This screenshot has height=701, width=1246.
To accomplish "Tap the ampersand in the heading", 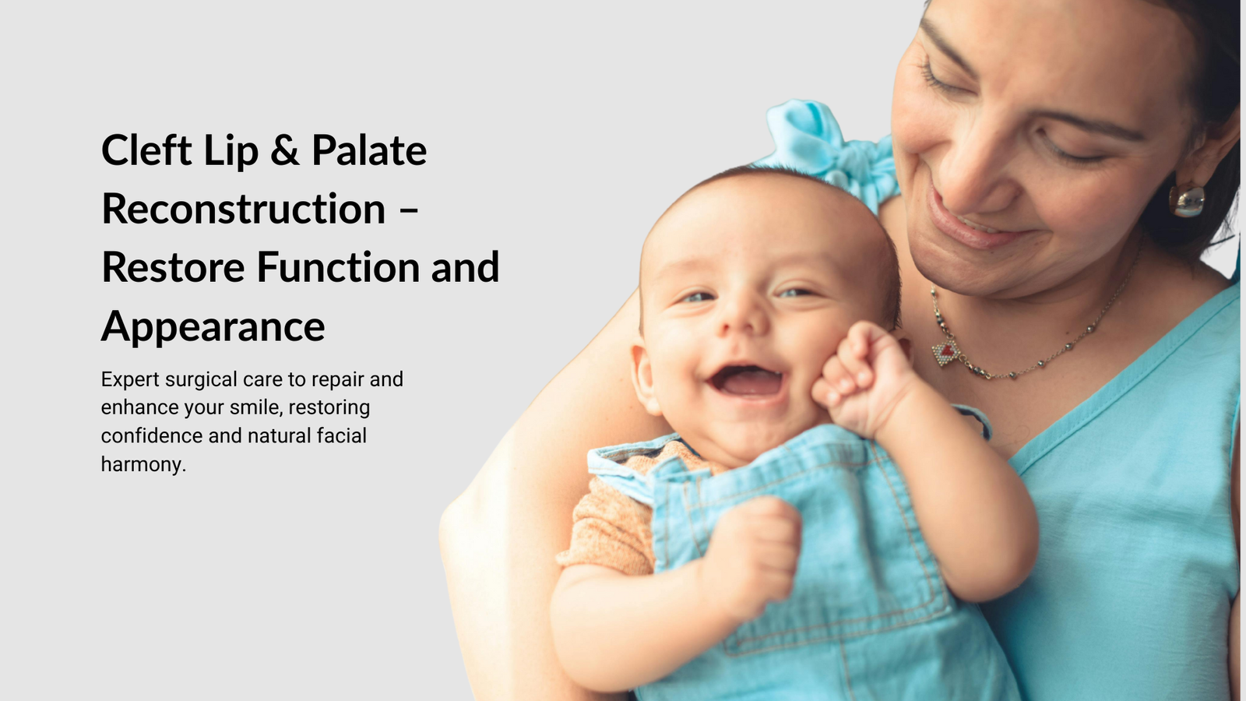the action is (285, 150).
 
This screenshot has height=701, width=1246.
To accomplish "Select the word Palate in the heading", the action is (369, 150).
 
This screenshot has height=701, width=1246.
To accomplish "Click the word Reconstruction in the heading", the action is (244, 209).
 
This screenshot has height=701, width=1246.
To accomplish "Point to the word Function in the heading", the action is (338, 267).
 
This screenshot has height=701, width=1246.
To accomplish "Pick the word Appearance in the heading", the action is (213, 326).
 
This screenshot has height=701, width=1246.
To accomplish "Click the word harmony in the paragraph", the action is (143, 465).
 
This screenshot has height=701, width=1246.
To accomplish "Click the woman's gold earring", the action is (1186, 200).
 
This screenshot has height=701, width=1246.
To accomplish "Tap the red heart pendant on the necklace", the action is (946, 352).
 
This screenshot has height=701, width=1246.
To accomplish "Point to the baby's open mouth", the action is (747, 382).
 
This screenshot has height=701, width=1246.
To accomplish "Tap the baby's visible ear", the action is (643, 379).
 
